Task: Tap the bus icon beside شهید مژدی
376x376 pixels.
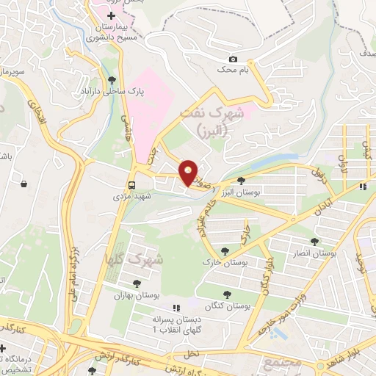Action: click(x=132, y=185)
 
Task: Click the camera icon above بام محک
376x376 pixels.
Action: click(x=233, y=59)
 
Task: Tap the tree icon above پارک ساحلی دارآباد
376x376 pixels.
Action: click(x=112, y=81)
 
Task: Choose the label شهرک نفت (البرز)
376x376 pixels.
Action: click(x=213, y=120)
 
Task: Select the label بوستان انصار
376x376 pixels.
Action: click(x=314, y=253)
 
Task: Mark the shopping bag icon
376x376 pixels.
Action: click(x=24, y=183)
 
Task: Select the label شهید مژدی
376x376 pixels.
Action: click(x=131, y=197)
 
